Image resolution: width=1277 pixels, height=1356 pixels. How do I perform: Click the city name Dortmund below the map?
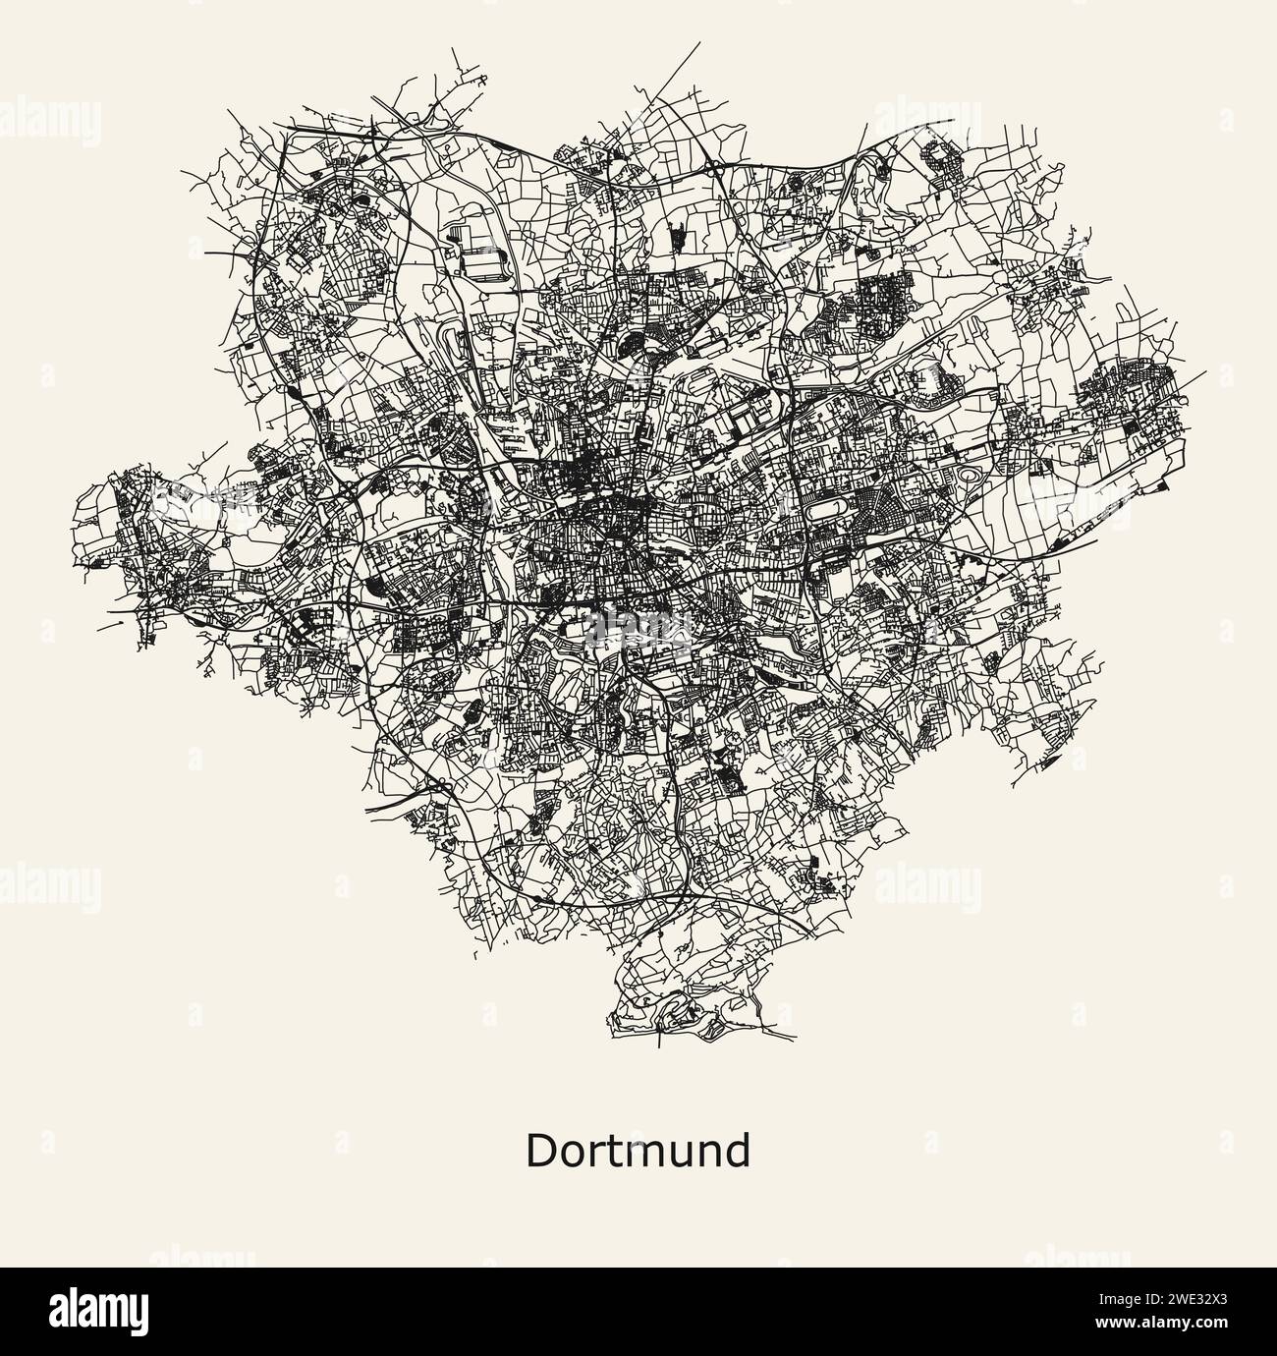click(x=638, y=1151)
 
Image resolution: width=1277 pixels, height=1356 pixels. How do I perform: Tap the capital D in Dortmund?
click(x=541, y=1151)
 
